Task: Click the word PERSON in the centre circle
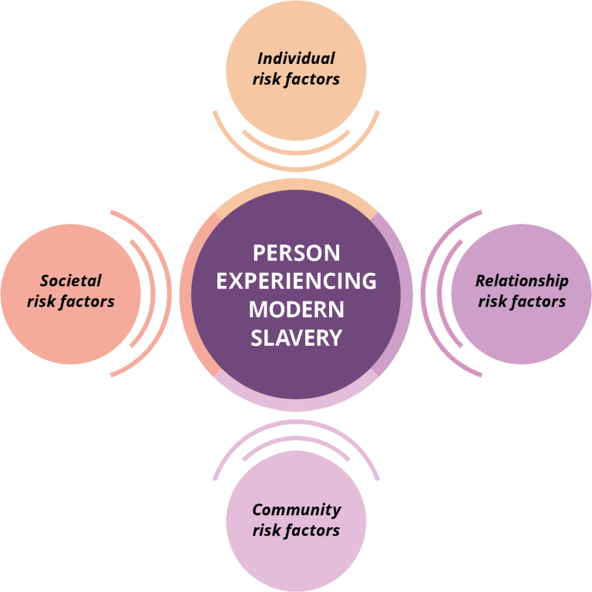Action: [x=296, y=253]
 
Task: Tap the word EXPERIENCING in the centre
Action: [x=296, y=281]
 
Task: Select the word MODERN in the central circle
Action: [x=296, y=309]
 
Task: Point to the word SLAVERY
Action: [x=296, y=338]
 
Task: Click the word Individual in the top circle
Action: [x=296, y=59]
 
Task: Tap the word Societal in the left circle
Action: [x=71, y=281]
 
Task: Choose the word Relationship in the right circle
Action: [x=522, y=281]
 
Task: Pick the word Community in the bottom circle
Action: [x=296, y=510]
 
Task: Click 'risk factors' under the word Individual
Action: [x=296, y=79]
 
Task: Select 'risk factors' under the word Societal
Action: [x=71, y=301]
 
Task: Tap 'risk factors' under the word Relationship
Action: [x=522, y=301]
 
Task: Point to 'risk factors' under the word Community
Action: [x=296, y=530]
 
